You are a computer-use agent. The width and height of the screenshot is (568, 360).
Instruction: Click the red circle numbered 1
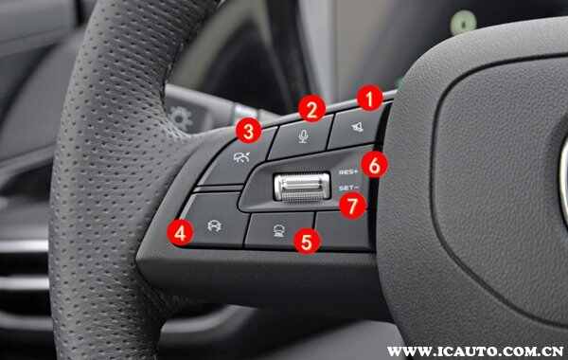point(369,98)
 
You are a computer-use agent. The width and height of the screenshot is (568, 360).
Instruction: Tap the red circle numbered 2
point(311,108)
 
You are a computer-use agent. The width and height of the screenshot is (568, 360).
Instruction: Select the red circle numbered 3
point(248,131)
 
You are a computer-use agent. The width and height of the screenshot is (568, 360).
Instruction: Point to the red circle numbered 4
point(181,232)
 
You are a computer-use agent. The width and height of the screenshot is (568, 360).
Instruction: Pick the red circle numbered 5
point(307,241)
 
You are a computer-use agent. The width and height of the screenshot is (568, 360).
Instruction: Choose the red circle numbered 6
point(375,165)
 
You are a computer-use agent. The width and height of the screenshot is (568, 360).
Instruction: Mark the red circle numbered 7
point(353,206)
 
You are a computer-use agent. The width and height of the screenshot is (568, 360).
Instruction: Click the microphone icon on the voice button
point(304,136)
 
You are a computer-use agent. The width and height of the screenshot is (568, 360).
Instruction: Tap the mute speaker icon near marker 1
point(358,126)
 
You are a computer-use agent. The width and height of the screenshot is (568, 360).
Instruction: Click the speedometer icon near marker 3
point(241,157)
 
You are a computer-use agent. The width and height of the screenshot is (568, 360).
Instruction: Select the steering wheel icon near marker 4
point(215,226)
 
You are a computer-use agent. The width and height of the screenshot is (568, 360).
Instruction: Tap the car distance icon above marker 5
point(279,230)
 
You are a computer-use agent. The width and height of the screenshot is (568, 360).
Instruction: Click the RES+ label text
point(348,171)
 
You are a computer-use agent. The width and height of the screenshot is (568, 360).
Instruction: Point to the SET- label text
point(348,189)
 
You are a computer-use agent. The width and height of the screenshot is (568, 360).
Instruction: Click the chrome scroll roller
point(302,187)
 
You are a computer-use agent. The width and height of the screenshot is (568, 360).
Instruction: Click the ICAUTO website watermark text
point(475,351)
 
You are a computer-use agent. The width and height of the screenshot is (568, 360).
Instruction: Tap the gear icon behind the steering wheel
point(182,118)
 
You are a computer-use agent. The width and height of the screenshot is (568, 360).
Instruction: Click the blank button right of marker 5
point(343,230)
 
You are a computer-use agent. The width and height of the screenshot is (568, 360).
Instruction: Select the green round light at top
point(463,22)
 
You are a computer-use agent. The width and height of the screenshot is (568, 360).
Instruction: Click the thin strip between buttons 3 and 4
point(219,189)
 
